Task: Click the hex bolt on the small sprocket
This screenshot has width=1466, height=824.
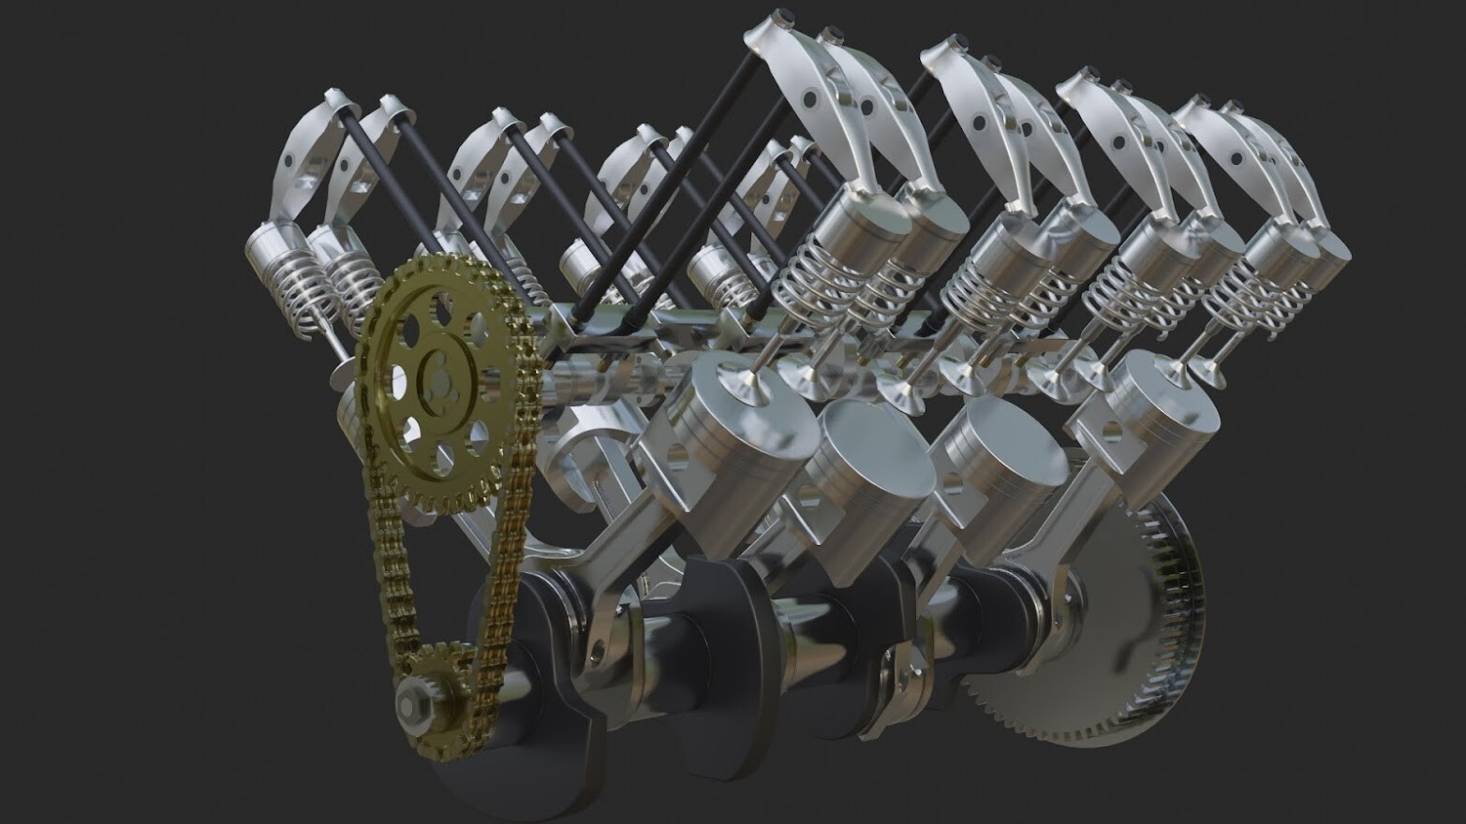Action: click(412, 699)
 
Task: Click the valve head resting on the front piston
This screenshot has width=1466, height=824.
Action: click(735, 384)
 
